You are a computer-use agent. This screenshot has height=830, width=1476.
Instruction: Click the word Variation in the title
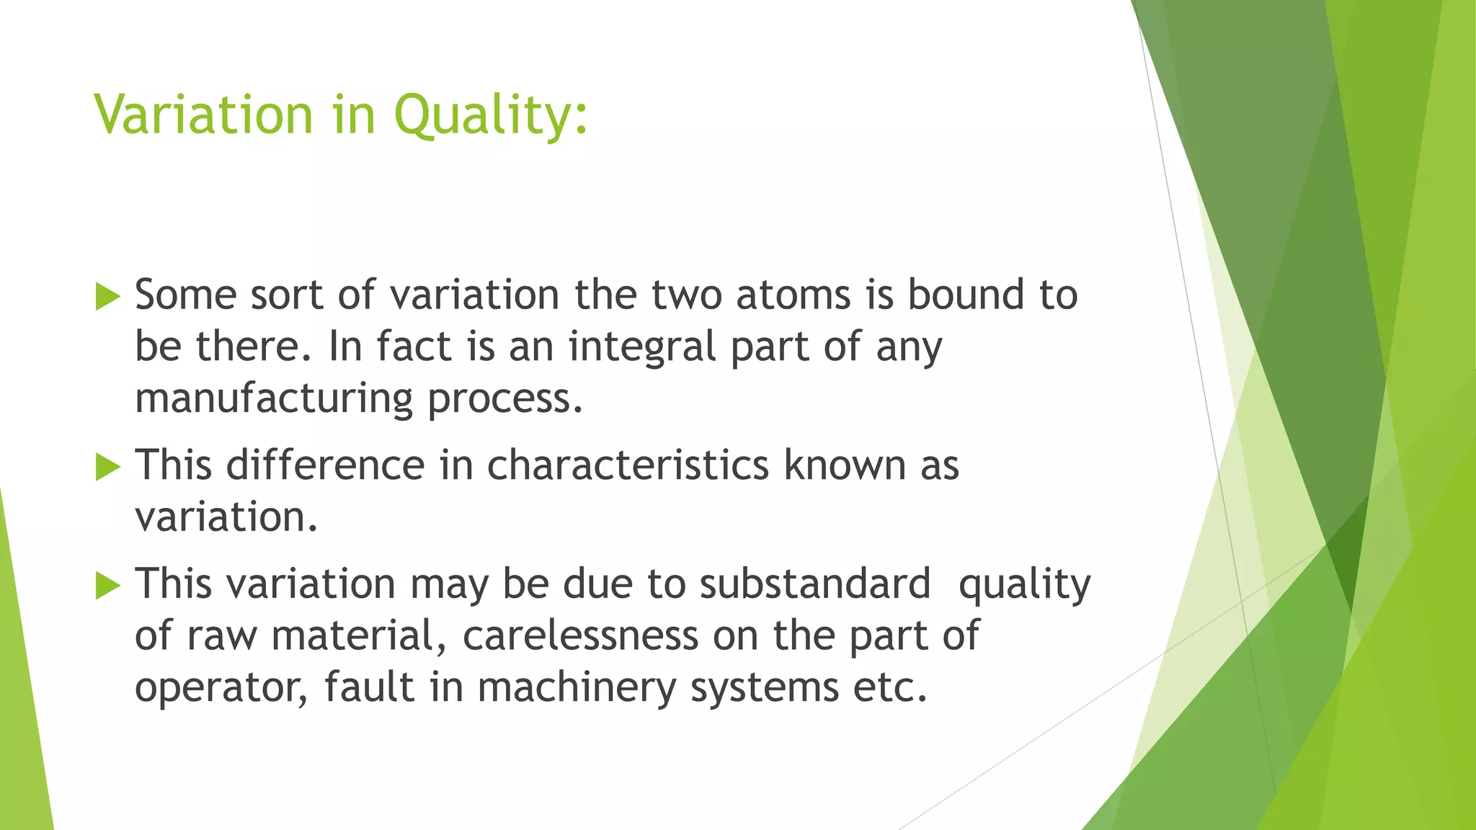click(203, 115)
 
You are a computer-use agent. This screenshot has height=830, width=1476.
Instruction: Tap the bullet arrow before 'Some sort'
click(107, 297)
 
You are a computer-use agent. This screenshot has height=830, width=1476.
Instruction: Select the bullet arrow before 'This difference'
click(107, 467)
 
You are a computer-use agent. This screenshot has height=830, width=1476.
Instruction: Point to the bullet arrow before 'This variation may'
click(107, 585)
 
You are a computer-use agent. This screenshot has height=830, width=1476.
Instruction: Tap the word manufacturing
click(274, 398)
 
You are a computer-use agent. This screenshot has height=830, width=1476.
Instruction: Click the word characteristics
click(628, 465)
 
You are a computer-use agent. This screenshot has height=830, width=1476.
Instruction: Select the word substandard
click(815, 584)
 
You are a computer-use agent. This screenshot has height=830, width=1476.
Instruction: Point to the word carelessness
click(580, 635)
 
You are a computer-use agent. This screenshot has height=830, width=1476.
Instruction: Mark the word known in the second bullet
click(844, 465)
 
